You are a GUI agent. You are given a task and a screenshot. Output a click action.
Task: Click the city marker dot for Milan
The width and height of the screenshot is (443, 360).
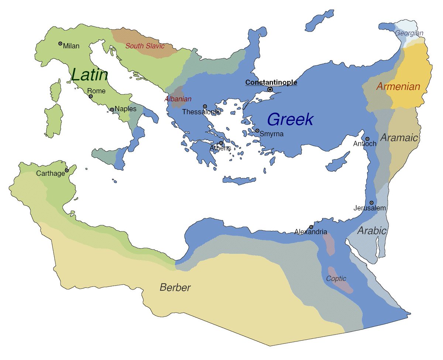pos(60,44)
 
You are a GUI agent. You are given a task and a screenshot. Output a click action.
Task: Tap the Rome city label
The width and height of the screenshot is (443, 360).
pos(96,91)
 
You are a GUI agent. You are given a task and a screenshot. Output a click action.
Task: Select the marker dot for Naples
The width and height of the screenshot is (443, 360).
pos(112,110)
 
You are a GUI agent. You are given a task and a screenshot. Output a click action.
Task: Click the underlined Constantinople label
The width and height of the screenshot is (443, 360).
pos(271,82)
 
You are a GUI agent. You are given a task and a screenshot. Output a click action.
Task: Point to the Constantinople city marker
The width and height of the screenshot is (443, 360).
pos(270,89)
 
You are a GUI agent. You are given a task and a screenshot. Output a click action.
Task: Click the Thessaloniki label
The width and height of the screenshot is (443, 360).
pos(201,112)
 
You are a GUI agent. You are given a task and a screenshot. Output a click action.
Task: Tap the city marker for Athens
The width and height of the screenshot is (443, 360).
pos(221,143)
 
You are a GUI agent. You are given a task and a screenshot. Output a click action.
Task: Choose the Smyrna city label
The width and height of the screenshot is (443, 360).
pos(272,134)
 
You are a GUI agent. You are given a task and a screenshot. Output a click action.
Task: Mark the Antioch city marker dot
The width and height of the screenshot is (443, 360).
pos(367,139)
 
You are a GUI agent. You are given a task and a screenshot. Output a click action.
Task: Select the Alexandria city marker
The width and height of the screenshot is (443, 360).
pos(311,227)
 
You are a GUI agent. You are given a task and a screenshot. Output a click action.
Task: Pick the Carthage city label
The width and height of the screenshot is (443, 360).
pos(50,174)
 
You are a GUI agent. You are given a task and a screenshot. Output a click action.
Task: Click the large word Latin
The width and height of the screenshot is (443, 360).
pos(90,75)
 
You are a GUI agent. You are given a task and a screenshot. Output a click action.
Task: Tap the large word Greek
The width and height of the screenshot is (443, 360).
pos(290,120)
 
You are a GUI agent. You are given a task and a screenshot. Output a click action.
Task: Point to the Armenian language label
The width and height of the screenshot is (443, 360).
pos(398,87)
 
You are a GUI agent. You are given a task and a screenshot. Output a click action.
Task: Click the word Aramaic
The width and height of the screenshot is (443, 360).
pos(399,138)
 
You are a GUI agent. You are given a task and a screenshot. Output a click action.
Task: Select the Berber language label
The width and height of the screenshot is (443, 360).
pos(175,288)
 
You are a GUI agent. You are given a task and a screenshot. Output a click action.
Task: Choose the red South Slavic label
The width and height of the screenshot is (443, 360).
pos(145,46)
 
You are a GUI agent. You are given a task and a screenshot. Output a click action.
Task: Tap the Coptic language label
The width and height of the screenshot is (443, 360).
pos(336,279)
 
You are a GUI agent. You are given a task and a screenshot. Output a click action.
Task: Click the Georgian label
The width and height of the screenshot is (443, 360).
pos(409,33)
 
